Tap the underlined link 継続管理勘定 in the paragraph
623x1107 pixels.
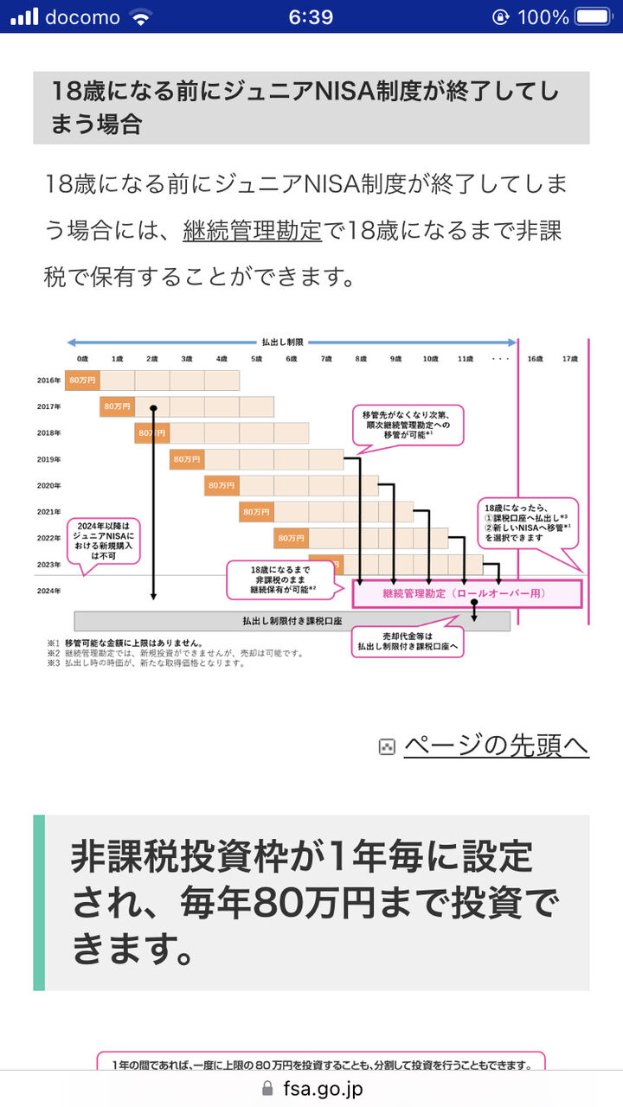click(x=252, y=231)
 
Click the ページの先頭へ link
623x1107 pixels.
click(x=496, y=745)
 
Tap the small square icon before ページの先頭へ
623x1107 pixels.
click(x=388, y=746)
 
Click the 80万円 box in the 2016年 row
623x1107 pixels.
click(x=82, y=380)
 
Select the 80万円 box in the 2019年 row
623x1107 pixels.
click(x=187, y=459)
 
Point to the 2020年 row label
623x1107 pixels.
click(x=48, y=485)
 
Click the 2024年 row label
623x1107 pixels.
click(x=48, y=591)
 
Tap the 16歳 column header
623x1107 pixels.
click(x=535, y=358)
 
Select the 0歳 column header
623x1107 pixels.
click(x=82, y=358)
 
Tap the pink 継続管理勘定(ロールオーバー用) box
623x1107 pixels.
click(x=467, y=594)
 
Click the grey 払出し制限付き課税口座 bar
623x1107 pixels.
click(x=292, y=621)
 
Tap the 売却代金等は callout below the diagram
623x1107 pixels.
click(x=407, y=640)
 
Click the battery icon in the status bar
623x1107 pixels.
click(x=593, y=16)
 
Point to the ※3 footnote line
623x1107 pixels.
click(x=147, y=663)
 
